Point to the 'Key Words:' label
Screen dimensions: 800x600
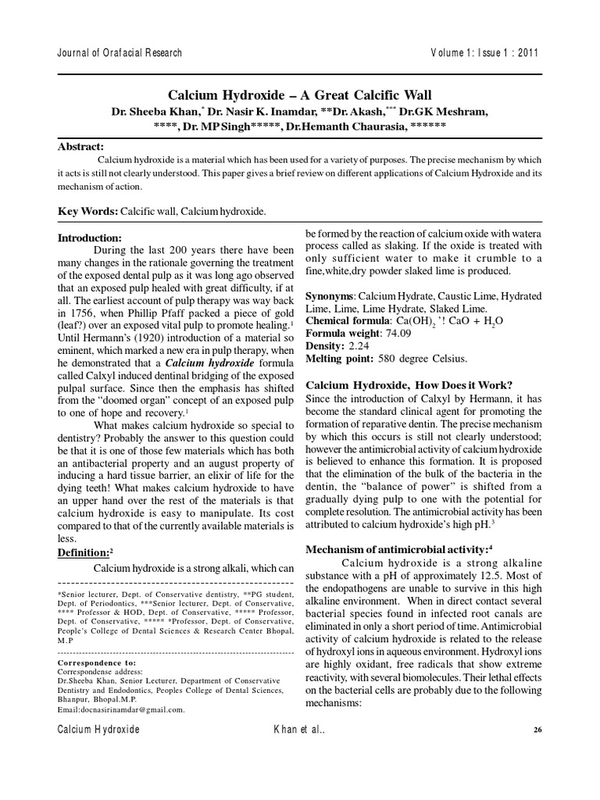[x=88, y=212]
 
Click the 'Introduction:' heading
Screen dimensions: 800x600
[x=90, y=237]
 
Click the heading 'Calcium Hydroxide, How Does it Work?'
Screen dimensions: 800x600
[x=409, y=385]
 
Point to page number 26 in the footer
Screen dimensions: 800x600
[x=537, y=730]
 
